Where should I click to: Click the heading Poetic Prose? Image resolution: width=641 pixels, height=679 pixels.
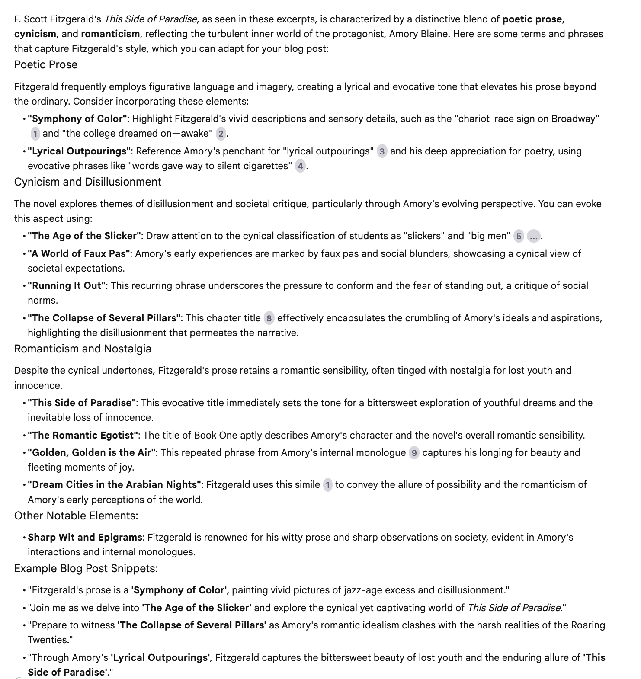pyautogui.click(x=46, y=65)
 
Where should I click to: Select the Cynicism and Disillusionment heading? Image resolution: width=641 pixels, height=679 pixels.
pyautogui.click(x=87, y=182)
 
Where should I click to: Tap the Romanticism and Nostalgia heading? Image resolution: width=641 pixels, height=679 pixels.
pyautogui.click(x=83, y=349)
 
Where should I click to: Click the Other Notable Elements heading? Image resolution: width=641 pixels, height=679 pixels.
pyautogui.click(x=76, y=516)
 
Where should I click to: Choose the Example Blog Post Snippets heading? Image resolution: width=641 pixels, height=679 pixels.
pyautogui.click(x=86, y=568)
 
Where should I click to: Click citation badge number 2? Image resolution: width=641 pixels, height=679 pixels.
pyautogui.click(x=221, y=134)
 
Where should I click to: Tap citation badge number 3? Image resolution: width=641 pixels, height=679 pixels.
pyautogui.click(x=382, y=151)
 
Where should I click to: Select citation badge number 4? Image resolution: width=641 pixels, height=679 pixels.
pyautogui.click(x=300, y=166)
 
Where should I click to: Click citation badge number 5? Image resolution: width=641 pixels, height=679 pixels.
pyautogui.click(x=519, y=236)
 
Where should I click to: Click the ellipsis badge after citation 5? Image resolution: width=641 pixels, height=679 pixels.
pyautogui.click(x=534, y=236)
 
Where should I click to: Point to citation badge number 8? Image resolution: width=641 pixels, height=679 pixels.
pyautogui.click(x=269, y=319)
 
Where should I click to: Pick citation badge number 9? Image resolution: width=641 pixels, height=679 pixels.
pyautogui.click(x=414, y=453)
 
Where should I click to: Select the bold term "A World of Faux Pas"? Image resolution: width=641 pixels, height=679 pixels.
pyautogui.click(x=80, y=253)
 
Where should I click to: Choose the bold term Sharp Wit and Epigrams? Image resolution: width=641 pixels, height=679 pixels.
pyautogui.click(x=85, y=538)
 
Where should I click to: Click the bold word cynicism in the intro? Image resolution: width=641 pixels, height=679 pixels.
pyautogui.click(x=35, y=34)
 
